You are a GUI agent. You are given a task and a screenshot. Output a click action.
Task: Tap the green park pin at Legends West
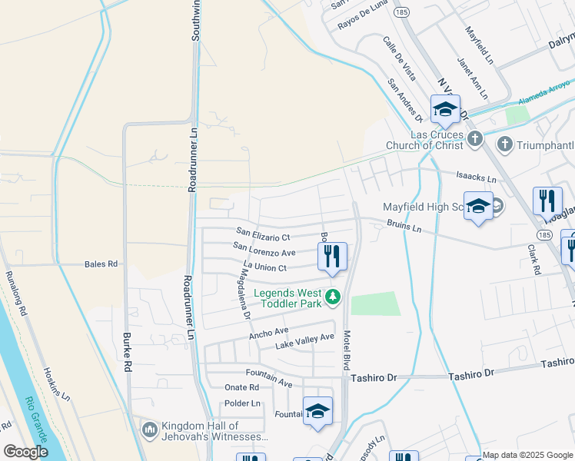point(333,296)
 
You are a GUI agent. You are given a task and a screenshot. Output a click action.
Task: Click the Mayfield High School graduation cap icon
point(478,205)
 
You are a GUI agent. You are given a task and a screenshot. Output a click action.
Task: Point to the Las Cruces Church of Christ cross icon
point(475,139)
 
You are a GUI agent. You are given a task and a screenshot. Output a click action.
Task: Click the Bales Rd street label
point(101,264)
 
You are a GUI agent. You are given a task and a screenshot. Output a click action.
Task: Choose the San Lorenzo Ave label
point(264,253)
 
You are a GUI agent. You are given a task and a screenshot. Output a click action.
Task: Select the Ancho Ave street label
point(268,333)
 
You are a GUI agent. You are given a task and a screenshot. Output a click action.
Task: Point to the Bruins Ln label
point(406,228)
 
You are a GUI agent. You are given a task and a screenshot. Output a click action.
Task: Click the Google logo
point(25,452)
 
